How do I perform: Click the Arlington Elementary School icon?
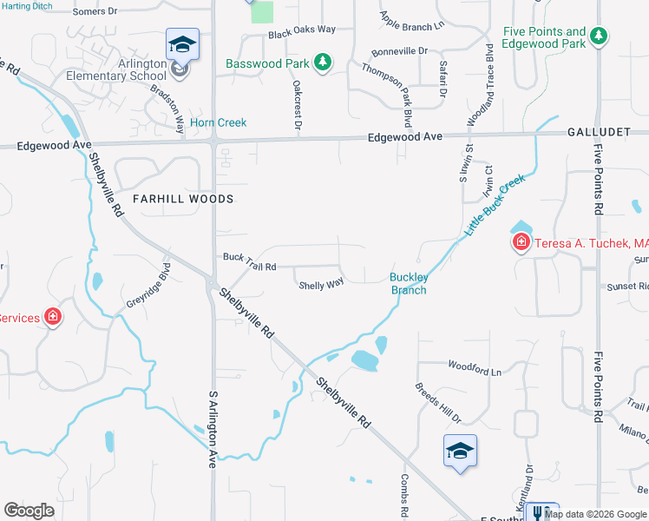[183, 44]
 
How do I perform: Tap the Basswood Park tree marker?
[322, 63]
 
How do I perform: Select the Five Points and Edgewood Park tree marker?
[597, 36]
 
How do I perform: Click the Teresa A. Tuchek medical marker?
[521, 242]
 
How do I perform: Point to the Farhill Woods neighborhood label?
[183, 199]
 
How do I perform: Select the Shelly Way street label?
[321, 284]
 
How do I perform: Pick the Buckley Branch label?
[408, 284]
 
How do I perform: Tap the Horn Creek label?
[218, 122]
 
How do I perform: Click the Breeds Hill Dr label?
[437, 403]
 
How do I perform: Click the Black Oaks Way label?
[302, 30]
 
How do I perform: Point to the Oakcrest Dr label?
[297, 105]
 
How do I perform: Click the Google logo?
[29, 511]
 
